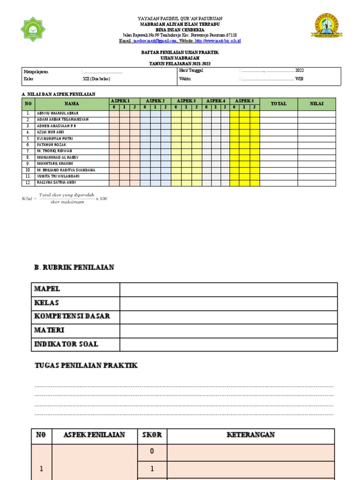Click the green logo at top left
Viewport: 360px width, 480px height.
click(33, 29)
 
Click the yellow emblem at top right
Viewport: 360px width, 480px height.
click(326, 27)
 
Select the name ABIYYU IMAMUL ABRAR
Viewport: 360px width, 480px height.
click(58, 113)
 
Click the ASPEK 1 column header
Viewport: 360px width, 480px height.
click(124, 101)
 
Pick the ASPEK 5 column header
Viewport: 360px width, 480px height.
click(244, 101)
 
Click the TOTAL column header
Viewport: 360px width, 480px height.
click(278, 104)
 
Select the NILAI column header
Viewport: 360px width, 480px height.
click(317, 104)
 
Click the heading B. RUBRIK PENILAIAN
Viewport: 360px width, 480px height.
click(74, 267)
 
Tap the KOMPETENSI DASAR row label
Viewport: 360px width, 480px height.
click(72, 316)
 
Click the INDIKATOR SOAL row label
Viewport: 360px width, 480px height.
click(66, 344)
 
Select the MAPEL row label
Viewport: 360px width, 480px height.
click(47, 289)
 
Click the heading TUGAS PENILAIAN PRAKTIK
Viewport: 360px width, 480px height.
click(86, 365)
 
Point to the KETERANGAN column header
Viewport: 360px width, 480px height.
click(251, 435)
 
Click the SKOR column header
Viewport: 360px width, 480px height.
click(152, 435)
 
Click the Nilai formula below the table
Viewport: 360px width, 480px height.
click(65, 198)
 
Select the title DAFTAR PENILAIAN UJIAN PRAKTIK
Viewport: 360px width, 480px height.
click(180, 52)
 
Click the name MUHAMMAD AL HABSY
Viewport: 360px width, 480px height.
click(58, 157)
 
